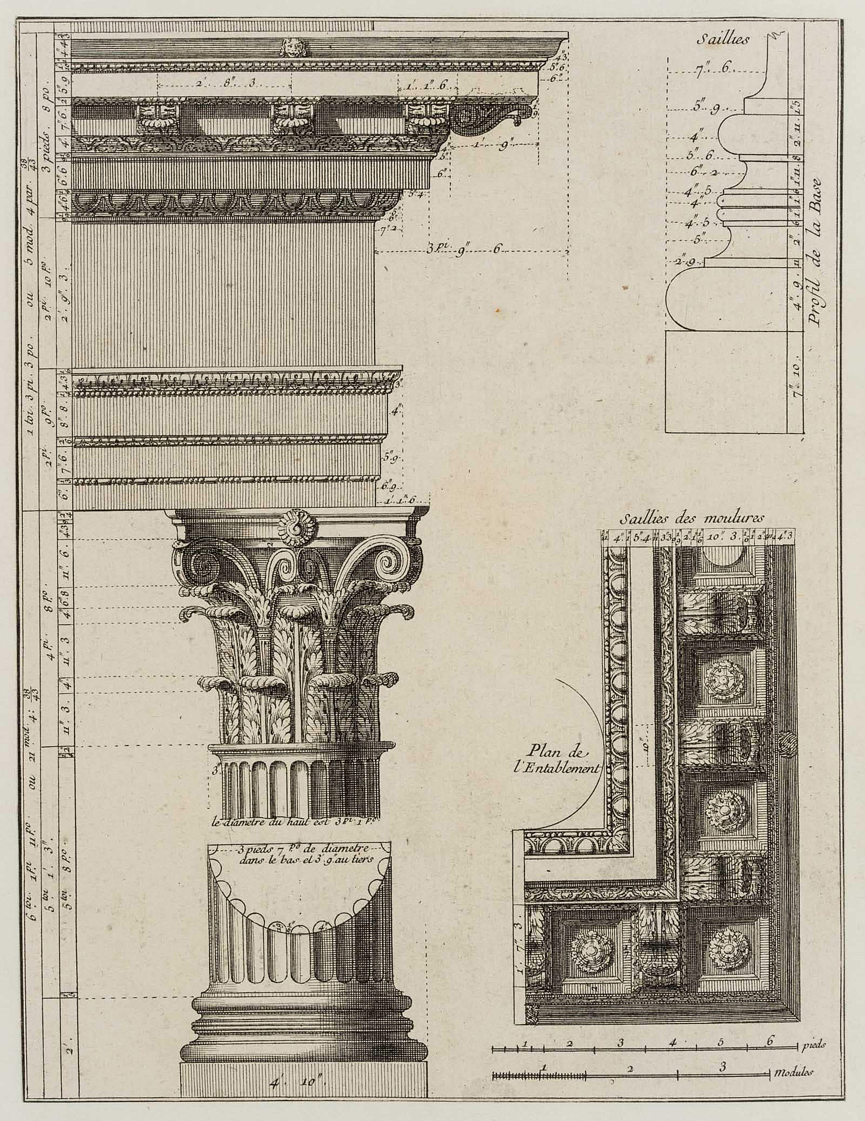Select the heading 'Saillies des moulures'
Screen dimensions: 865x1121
click(x=692, y=518)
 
